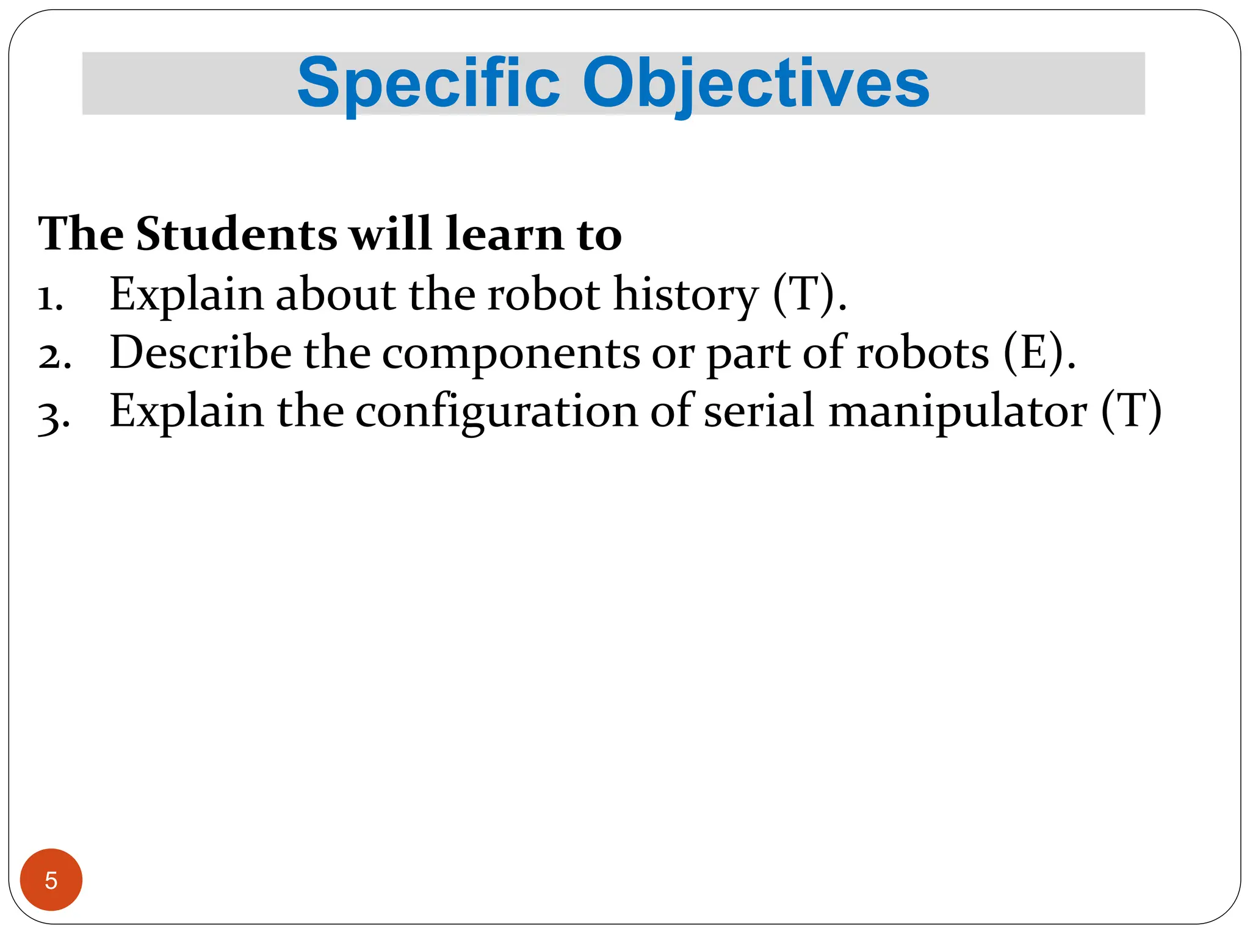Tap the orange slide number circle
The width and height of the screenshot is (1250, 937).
click(51, 880)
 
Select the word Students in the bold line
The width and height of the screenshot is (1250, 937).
click(236, 234)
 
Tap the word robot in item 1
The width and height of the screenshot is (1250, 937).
click(544, 294)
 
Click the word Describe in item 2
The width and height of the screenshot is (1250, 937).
click(201, 353)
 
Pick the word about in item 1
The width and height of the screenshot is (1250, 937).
click(335, 294)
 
